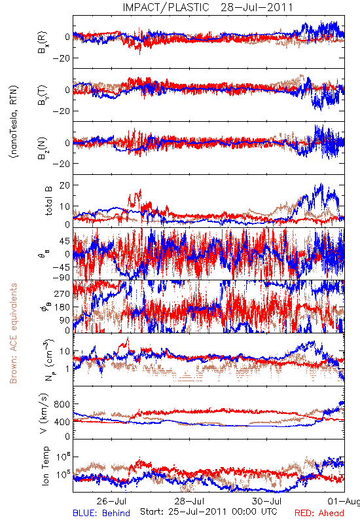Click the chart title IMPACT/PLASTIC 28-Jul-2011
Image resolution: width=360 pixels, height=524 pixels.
click(207, 7)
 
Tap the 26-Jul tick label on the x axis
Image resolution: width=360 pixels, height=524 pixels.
click(112, 501)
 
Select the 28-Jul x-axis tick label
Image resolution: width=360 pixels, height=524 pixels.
click(189, 501)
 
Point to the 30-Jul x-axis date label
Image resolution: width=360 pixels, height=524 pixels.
click(267, 501)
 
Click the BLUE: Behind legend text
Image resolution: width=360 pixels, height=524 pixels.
click(101, 513)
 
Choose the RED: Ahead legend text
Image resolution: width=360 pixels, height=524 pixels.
click(319, 513)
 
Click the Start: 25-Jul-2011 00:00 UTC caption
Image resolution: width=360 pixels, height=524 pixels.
click(209, 512)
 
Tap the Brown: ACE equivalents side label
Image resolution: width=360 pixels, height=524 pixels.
click(13, 333)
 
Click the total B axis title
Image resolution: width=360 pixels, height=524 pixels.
click(48, 200)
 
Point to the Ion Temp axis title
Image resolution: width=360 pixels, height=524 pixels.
click(45, 466)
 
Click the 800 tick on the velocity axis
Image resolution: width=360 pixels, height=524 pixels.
click(62, 404)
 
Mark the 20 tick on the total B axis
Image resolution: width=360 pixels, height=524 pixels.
click(64, 185)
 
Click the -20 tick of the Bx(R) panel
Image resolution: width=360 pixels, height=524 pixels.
click(60, 58)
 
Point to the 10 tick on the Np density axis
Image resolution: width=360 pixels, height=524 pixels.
click(64, 351)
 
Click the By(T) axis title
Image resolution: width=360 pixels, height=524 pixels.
click(42, 95)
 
